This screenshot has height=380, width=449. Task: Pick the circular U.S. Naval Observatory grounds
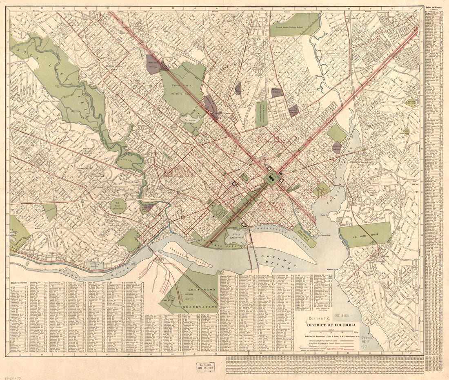[x=118, y=206]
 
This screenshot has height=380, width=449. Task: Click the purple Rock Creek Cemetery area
[x=153, y=64]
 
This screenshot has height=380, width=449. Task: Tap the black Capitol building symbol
[x=271, y=178]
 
